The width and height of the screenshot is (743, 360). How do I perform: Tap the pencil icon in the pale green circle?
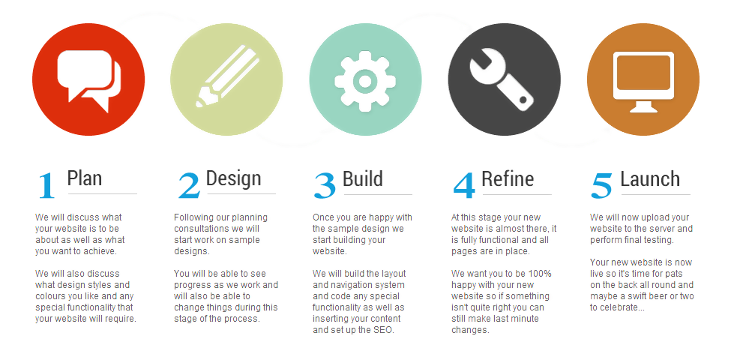[227, 76]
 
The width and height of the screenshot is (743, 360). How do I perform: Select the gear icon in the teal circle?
[365, 81]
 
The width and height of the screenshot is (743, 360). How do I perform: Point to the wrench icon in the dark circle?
[502, 80]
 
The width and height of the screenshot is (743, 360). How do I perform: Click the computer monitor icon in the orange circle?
[643, 82]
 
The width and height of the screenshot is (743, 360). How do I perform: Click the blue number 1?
[46, 185]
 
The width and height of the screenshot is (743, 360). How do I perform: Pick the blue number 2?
[189, 186]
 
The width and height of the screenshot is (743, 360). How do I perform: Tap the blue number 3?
[325, 186]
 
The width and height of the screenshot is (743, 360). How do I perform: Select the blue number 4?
[464, 186]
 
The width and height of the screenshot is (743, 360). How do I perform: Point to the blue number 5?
[601, 186]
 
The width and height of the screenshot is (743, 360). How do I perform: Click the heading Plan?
[84, 178]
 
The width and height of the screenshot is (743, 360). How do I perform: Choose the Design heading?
[234, 178]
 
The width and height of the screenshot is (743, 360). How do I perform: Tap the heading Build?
[362, 178]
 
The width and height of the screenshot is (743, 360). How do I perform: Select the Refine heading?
[508, 178]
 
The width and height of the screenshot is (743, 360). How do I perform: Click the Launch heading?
[650, 178]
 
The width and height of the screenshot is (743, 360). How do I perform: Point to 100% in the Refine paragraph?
[541, 274]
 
